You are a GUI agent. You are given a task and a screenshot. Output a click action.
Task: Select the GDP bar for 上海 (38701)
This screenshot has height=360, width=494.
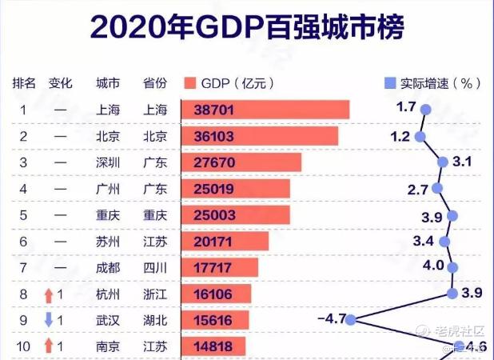click(265, 110)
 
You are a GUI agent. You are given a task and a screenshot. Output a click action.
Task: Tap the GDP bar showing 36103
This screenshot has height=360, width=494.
click(260, 137)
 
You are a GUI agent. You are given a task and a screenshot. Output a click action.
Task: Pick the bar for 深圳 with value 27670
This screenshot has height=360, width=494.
click(241, 162)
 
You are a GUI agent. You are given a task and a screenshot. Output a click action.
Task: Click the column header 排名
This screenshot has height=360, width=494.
click(24, 83)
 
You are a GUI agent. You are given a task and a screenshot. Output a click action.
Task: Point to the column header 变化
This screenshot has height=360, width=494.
click(61, 83)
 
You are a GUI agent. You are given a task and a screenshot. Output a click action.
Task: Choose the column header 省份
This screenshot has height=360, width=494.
click(154, 83)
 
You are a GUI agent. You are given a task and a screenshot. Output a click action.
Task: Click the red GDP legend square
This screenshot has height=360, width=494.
click(189, 83)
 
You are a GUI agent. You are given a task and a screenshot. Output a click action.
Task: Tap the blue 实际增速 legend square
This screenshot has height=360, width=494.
click(390, 83)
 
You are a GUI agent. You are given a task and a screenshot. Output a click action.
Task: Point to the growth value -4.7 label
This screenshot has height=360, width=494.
click(331, 319)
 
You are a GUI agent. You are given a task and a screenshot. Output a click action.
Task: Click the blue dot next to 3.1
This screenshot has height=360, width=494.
click(444, 162)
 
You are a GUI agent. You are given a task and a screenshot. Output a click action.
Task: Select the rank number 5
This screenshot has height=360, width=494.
click(24, 215)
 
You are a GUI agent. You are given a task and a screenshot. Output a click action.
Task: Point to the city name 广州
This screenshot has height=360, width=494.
click(108, 189)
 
